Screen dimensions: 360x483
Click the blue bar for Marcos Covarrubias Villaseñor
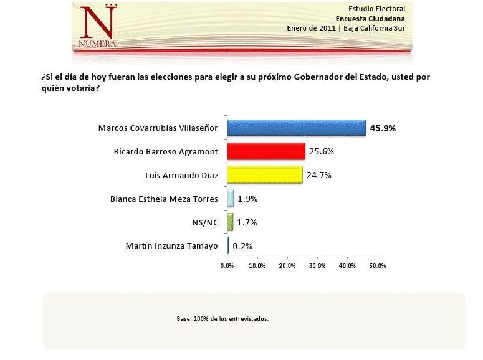(296, 128)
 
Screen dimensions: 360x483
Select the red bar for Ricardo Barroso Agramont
(266, 151)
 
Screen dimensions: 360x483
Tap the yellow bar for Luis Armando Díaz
(264, 175)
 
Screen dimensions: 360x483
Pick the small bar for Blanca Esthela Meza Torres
(230, 199)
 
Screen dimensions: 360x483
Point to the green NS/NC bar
(230, 222)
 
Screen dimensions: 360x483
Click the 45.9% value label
(383, 128)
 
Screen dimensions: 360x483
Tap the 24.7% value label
(318, 175)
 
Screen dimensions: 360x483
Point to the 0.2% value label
(242, 246)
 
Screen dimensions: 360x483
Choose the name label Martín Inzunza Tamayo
(172, 245)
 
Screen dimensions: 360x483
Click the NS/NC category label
(206, 222)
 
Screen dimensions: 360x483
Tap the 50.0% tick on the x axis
(378, 265)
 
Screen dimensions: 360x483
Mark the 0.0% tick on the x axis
(227, 265)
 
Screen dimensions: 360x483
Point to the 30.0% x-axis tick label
(317, 265)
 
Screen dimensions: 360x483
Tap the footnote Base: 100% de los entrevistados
(222, 318)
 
